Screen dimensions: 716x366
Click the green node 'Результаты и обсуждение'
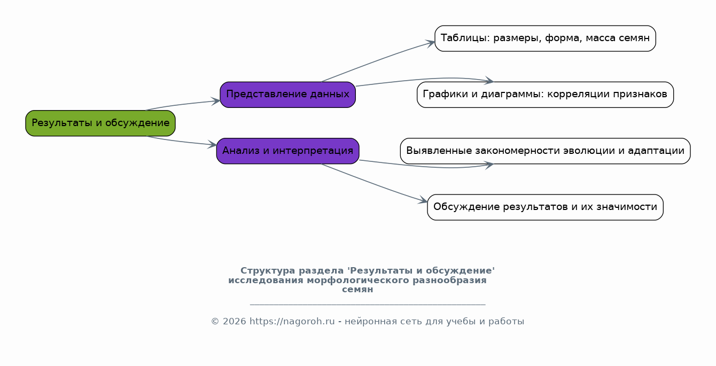point(100,123)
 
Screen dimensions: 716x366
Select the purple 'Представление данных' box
point(287,95)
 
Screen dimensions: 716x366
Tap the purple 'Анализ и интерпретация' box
point(287,151)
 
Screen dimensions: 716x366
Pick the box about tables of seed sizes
point(545,38)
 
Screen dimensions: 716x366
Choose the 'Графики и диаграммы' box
point(545,95)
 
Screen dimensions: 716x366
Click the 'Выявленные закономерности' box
point(545,151)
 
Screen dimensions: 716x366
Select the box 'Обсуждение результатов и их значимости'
point(545,207)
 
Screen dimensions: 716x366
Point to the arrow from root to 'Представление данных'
point(182,105)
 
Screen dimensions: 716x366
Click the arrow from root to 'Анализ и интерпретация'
point(182,142)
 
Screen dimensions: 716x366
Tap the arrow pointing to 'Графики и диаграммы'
point(425,79)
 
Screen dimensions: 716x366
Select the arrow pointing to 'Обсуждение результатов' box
point(374,183)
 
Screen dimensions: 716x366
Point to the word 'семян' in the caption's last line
point(357,290)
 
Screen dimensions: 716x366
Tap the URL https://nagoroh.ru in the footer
point(292,321)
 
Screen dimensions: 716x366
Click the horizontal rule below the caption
point(368,305)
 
